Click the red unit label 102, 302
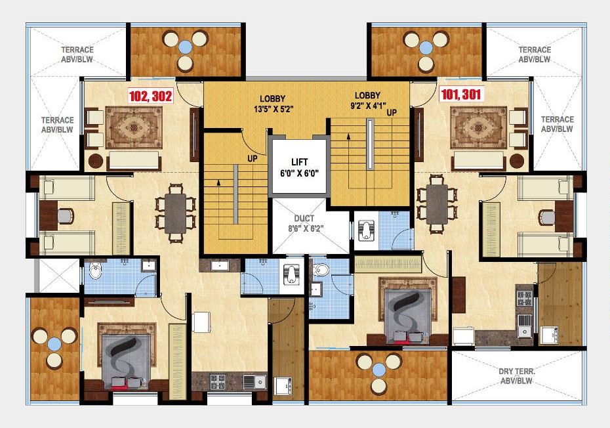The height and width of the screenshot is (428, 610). click(151, 96)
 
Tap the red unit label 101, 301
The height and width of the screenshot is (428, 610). click(460, 95)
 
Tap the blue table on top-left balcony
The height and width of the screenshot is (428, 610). click(186, 47)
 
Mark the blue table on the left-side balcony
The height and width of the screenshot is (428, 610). click(54, 341)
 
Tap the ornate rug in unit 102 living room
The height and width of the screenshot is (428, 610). click(133, 127)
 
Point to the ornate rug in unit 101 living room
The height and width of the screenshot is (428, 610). click(478, 126)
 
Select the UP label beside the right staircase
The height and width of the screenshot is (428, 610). click(392, 112)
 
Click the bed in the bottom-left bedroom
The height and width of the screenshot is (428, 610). click(125, 357)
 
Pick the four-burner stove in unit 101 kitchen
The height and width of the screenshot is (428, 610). click(525, 298)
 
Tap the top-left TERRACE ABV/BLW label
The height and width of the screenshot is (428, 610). click(77, 54)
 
